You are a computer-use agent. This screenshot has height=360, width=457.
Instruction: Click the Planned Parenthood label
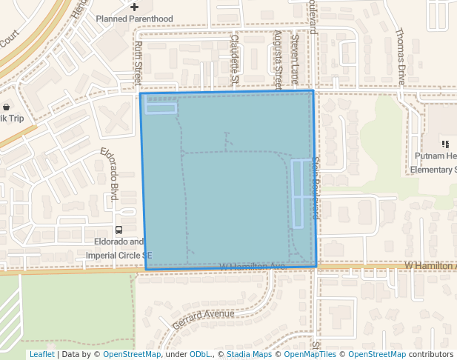134,19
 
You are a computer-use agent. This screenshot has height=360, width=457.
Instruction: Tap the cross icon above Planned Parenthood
134,7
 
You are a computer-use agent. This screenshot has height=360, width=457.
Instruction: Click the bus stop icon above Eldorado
119,229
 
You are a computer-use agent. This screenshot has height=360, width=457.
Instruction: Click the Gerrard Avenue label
203,319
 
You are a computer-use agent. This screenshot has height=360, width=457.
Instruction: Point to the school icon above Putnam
445,144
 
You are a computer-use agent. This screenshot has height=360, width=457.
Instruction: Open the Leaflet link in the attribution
41,354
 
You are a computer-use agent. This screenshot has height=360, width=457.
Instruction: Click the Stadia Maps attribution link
249,354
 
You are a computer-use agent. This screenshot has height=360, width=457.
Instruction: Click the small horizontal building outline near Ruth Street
161,109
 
